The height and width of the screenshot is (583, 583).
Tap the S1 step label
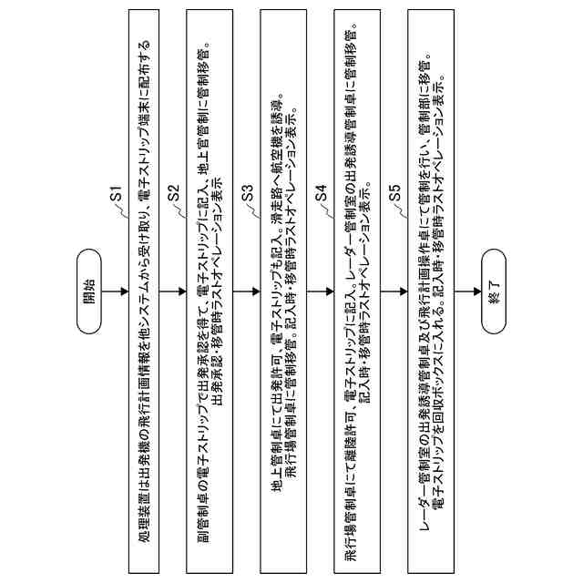116,194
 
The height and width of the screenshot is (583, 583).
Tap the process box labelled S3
283,291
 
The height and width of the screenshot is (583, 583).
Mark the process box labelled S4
356,291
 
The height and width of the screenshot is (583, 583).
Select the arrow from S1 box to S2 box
173,291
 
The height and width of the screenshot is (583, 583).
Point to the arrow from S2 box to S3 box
246,291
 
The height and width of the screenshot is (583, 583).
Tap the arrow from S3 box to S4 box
319,291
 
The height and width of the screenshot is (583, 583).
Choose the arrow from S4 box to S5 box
393,291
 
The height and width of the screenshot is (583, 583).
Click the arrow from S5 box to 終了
466,291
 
